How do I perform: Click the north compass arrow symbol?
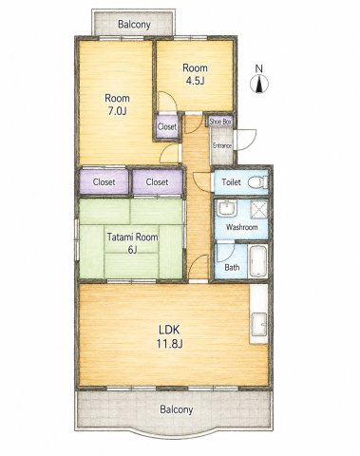pos(259,85)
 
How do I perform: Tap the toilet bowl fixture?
pos(258,182)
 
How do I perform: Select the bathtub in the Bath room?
pos(258,261)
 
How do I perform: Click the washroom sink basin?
pos(227,209)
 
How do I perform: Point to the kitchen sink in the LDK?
pos(259,324)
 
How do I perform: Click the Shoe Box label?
pos(220,122)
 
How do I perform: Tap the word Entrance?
pos(222,145)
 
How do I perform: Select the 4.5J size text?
pos(195,81)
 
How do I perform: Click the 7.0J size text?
pos(117,111)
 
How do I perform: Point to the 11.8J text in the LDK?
pos(169,343)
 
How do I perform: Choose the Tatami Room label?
pos(132,237)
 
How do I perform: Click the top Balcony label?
pos(134,25)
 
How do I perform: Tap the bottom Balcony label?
pos(176,409)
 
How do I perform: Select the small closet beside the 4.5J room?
pos(167,127)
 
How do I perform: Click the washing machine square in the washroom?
pos(259,210)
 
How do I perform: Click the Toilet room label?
pos(231,182)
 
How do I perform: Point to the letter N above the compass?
pos(259,68)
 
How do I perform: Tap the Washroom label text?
pos(241,227)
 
